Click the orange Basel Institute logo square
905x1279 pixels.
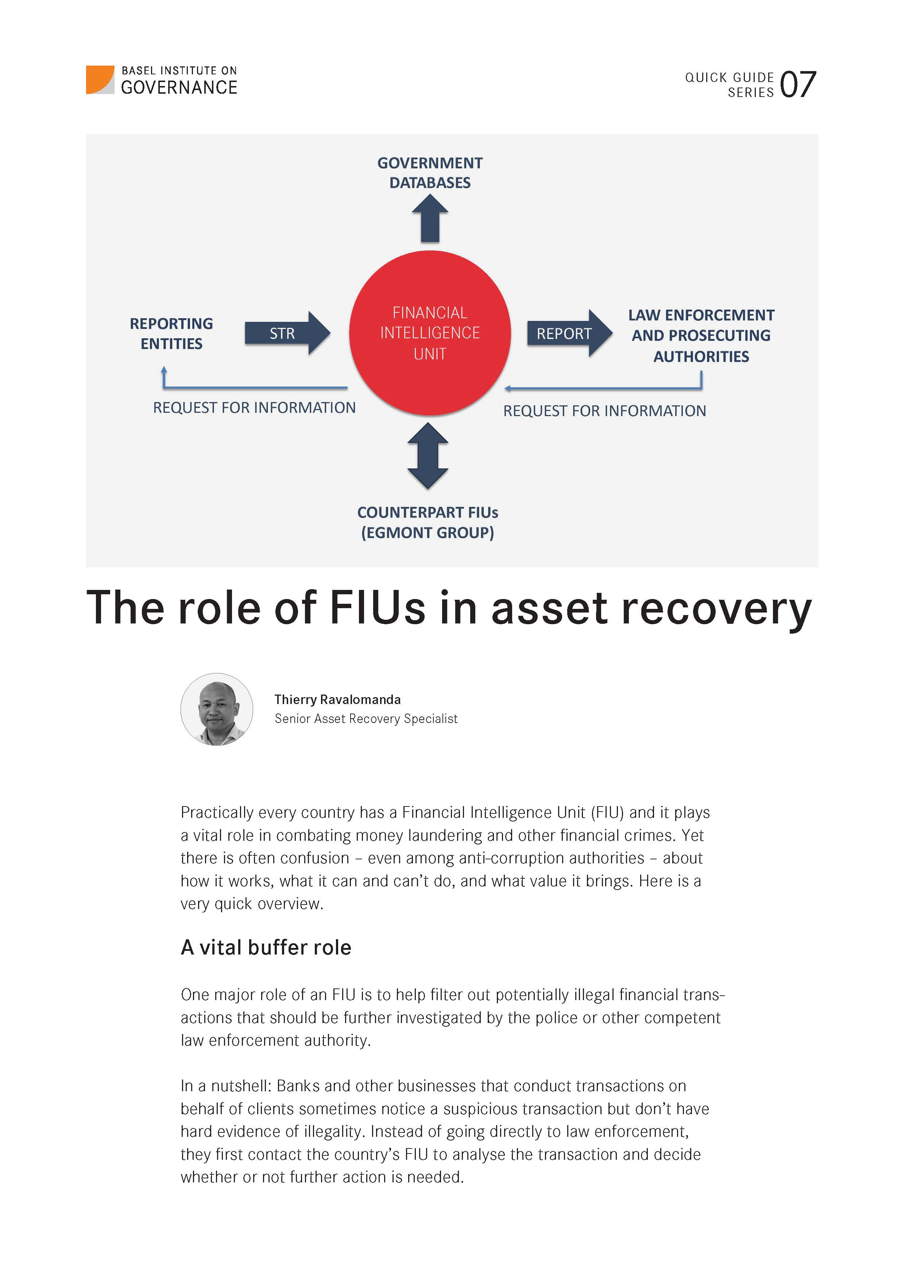click(x=100, y=79)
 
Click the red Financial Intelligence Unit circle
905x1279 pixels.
click(x=430, y=333)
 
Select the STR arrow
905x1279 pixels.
click(x=286, y=333)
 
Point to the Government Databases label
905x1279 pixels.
click(x=430, y=173)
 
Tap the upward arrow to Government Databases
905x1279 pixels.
click(x=430, y=219)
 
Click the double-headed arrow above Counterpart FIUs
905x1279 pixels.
click(x=428, y=456)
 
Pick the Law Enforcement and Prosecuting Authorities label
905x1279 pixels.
click(x=701, y=335)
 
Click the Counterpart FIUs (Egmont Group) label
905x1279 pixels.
click(x=428, y=522)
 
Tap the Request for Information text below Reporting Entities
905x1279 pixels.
click(x=254, y=408)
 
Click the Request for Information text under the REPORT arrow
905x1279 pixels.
click(x=604, y=411)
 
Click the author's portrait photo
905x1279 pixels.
click(x=217, y=709)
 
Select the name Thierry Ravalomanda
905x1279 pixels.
click(x=337, y=700)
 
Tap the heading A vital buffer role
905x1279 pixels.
click(x=266, y=947)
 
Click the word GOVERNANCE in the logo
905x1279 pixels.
click(x=179, y=88)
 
